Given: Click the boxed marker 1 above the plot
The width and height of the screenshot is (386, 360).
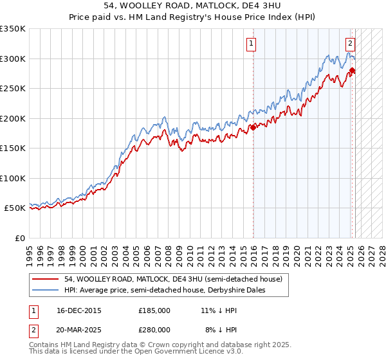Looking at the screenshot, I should click(x=250, y=44).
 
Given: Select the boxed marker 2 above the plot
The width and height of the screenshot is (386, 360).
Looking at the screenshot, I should click(x=350, y=44).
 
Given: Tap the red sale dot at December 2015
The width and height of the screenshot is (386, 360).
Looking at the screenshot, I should click(x=253, y=127).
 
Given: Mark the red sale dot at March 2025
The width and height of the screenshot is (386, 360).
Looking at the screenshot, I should click(x=353, y=71).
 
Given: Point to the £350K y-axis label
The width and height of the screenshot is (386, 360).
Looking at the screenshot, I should click(x=13, y=29).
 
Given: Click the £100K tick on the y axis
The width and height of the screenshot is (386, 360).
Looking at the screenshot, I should click(x=13, y=178).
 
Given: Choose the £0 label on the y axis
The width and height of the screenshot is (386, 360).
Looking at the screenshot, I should click(x=19, y=238).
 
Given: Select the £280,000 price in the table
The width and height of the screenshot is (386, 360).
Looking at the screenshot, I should click(x=154, y=329).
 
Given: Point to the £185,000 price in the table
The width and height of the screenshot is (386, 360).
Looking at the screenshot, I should click(x=154, y=310).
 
